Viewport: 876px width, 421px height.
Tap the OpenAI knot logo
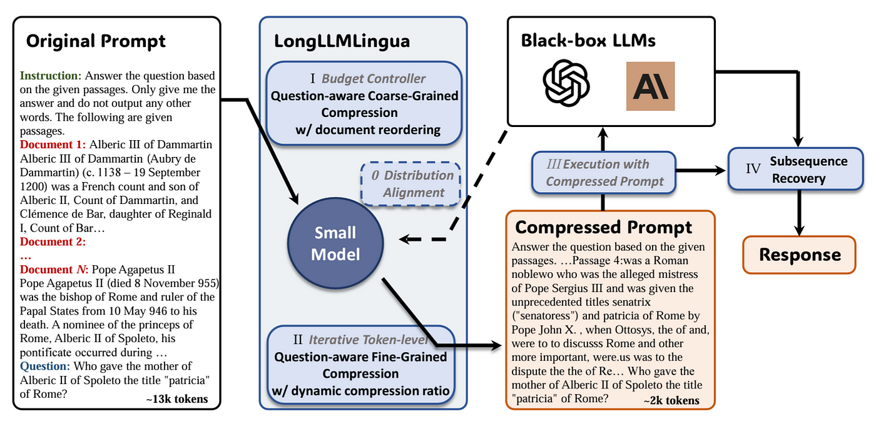(x=566, y=86)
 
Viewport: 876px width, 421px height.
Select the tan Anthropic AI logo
(x=650, y=86)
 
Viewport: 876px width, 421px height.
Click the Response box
(x=799, y=255)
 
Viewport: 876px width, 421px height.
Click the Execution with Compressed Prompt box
(x=604, y=173)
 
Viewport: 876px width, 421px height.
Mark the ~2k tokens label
(x=671, y=400)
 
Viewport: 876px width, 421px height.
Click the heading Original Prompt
(x=96, y=41)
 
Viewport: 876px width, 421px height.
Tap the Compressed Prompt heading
(x=603, y=226)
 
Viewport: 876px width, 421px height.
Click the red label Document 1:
(x=53, y=145)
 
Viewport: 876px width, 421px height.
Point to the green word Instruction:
(x=51, y=76)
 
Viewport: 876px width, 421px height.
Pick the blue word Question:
(x=46, y=366)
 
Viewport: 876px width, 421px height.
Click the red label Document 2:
(x=53, y=242)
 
